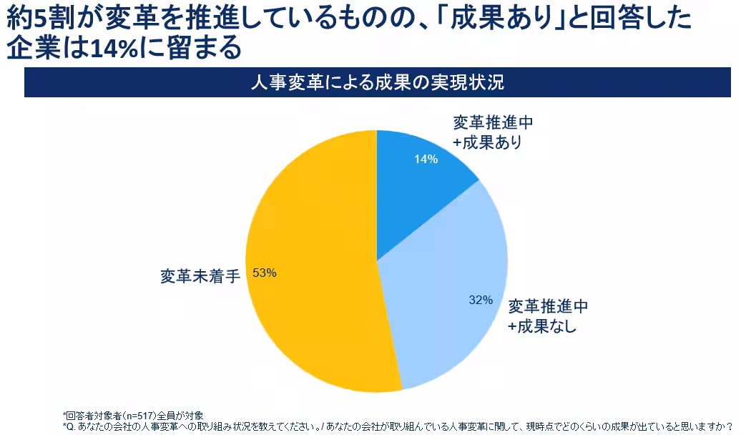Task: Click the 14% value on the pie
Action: tap(426, 159)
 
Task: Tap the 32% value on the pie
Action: tap(481, 300)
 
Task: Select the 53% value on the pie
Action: tap(265, 273)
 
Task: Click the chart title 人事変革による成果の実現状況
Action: tap(378, 82)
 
